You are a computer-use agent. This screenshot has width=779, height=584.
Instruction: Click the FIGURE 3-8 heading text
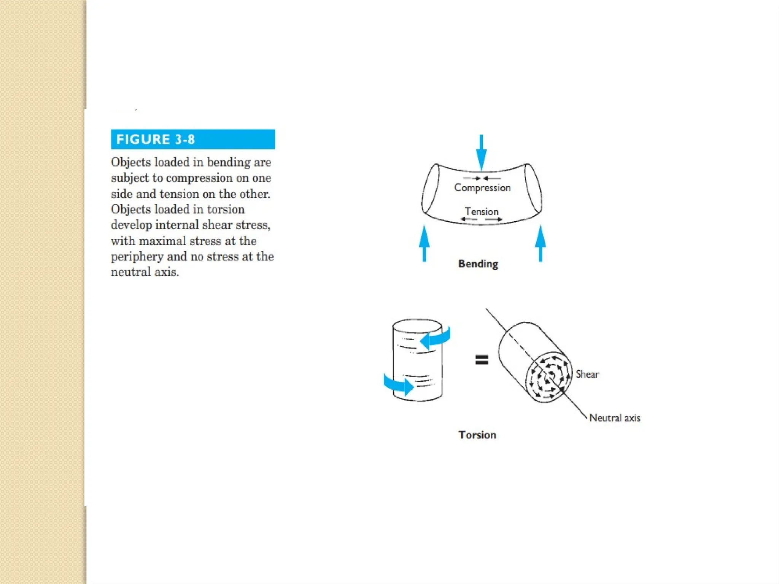[x=155, y=140]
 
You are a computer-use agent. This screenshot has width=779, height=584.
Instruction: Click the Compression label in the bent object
[x=482, y=188]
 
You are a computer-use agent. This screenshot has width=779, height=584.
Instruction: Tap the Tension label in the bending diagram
[x=481, y=211]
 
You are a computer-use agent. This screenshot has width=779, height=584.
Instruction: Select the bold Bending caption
[x=478, y=264]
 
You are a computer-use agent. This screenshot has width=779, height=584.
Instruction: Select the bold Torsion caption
[x=477, y=435]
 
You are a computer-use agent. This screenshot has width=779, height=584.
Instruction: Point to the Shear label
[x=587, y=375]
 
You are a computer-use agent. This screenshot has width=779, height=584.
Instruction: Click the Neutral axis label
[x=614, y=418]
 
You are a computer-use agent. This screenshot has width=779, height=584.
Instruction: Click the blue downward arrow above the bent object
[x=481, y=152]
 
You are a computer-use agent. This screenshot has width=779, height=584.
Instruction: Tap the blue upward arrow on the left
[x=424, y=243]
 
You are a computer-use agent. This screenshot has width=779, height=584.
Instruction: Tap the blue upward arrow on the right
[x=540, y=243]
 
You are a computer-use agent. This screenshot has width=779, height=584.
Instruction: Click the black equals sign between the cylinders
[x=482, y=360]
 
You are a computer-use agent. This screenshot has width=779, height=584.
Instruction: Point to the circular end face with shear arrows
[x=548, y=377]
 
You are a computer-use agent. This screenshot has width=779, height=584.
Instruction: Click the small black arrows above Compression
[x=482, y=178]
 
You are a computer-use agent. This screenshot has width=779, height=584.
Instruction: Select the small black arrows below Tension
[x=481, y=219]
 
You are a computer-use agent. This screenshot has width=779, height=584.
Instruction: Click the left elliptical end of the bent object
[x=431, y=189]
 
